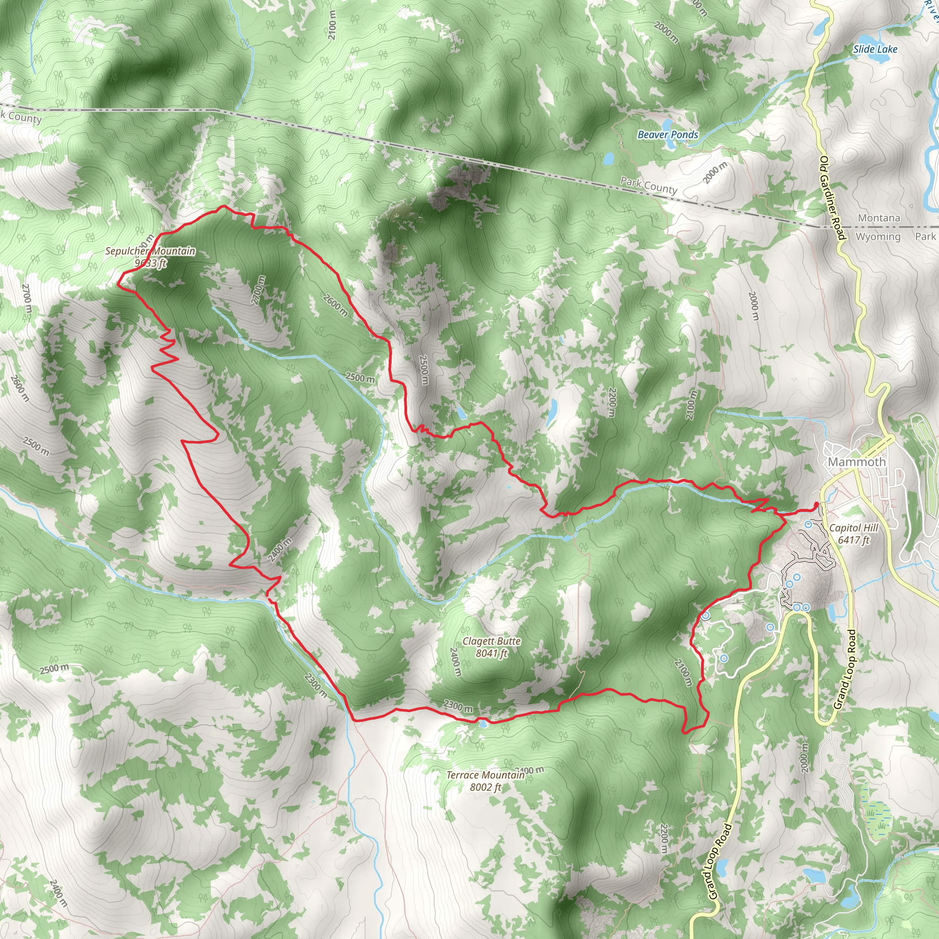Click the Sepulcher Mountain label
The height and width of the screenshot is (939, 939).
150,251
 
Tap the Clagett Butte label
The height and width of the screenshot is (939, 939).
492,641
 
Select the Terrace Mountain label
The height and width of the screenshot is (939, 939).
485,775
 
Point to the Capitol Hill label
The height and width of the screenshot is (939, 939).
853,528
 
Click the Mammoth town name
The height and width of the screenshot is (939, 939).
857,462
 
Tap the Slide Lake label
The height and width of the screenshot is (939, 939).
875,49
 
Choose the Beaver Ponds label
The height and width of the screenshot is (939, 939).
668,135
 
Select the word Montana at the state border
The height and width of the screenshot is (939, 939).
879,218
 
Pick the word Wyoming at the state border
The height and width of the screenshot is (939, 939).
878,237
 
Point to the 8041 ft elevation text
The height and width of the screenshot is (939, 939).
492,653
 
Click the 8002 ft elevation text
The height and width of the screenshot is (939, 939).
485,787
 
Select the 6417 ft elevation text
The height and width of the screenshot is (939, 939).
853,540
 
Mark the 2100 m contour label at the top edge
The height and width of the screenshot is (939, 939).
332,25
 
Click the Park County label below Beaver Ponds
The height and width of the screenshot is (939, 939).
648,185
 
